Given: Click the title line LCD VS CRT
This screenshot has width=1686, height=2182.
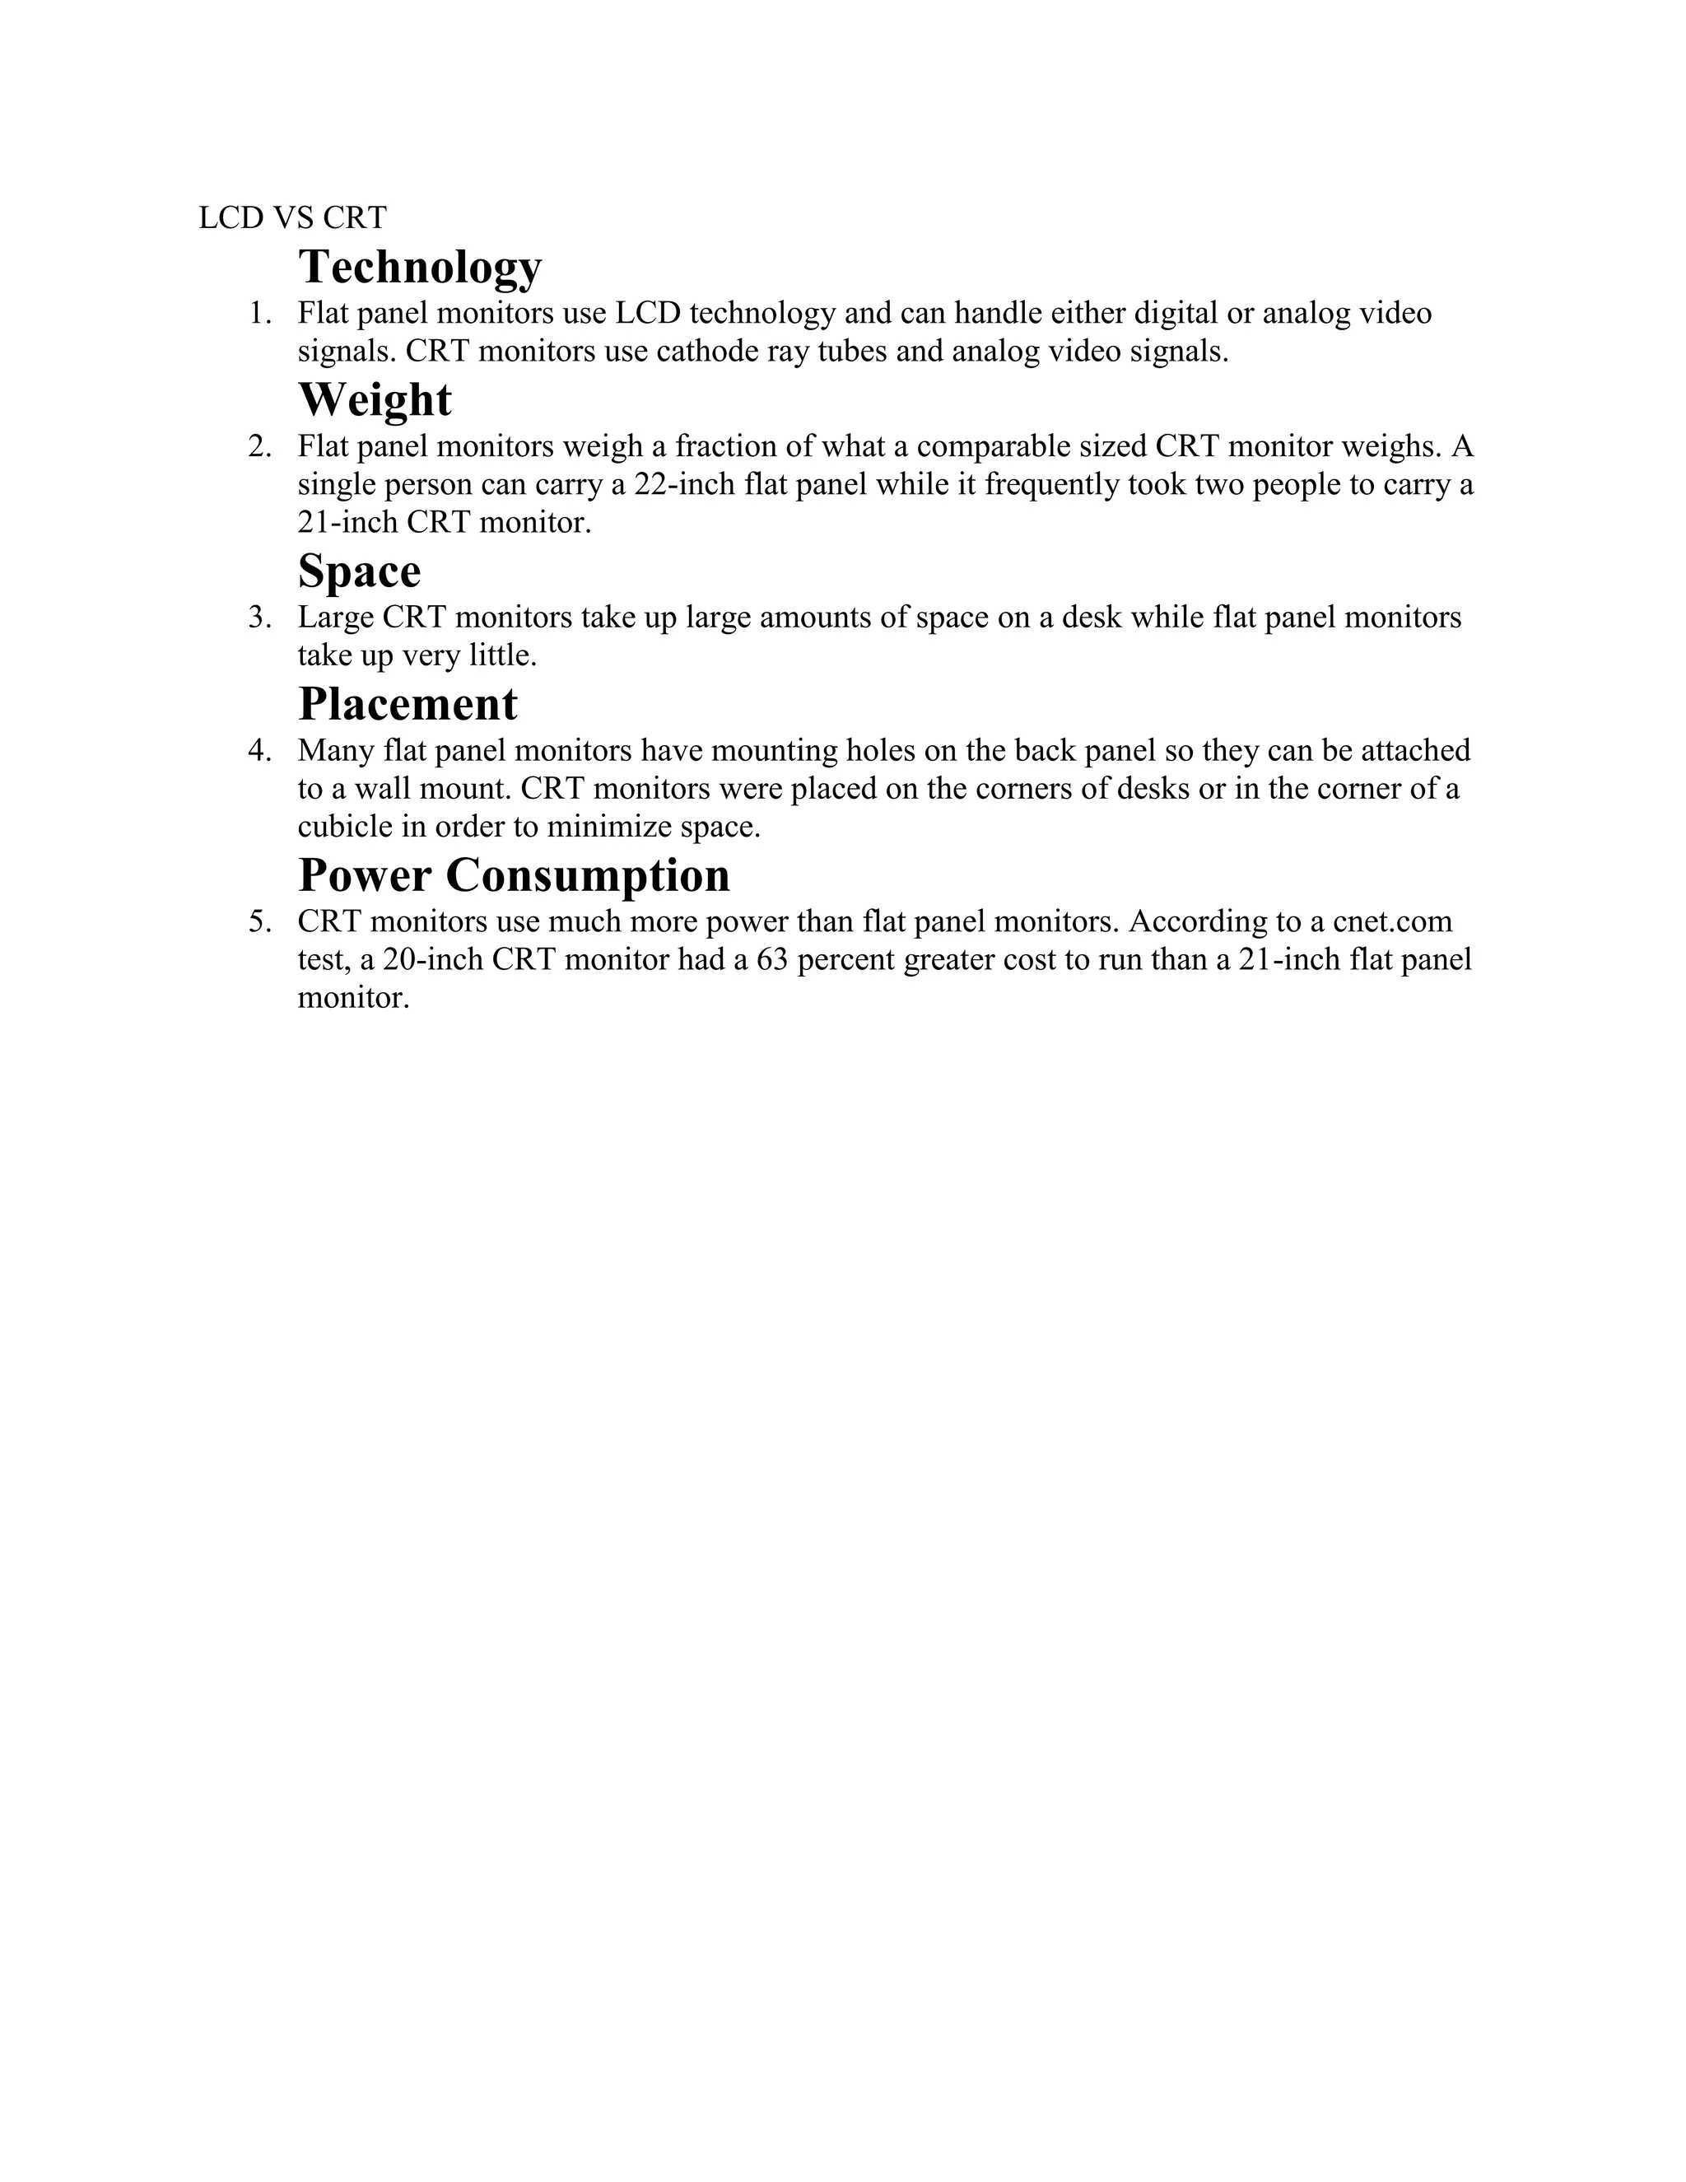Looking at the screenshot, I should (x=292, y=218).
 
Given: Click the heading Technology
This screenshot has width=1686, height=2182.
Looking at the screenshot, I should (x=420, y=266).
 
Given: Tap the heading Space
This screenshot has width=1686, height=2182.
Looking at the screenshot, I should (x=360, y=571).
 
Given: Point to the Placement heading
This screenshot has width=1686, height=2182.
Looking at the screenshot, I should (x=408, y=704).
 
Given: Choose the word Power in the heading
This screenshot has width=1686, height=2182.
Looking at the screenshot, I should (x=365, y=875).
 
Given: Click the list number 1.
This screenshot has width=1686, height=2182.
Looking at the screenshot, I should (x=259, y=314).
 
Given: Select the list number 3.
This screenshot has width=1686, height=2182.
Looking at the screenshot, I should (x=259, y=618).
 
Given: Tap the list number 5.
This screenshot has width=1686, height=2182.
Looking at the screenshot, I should (x=259, y=921).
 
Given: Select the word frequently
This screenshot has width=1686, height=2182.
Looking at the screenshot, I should (x=1052, y=484).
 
